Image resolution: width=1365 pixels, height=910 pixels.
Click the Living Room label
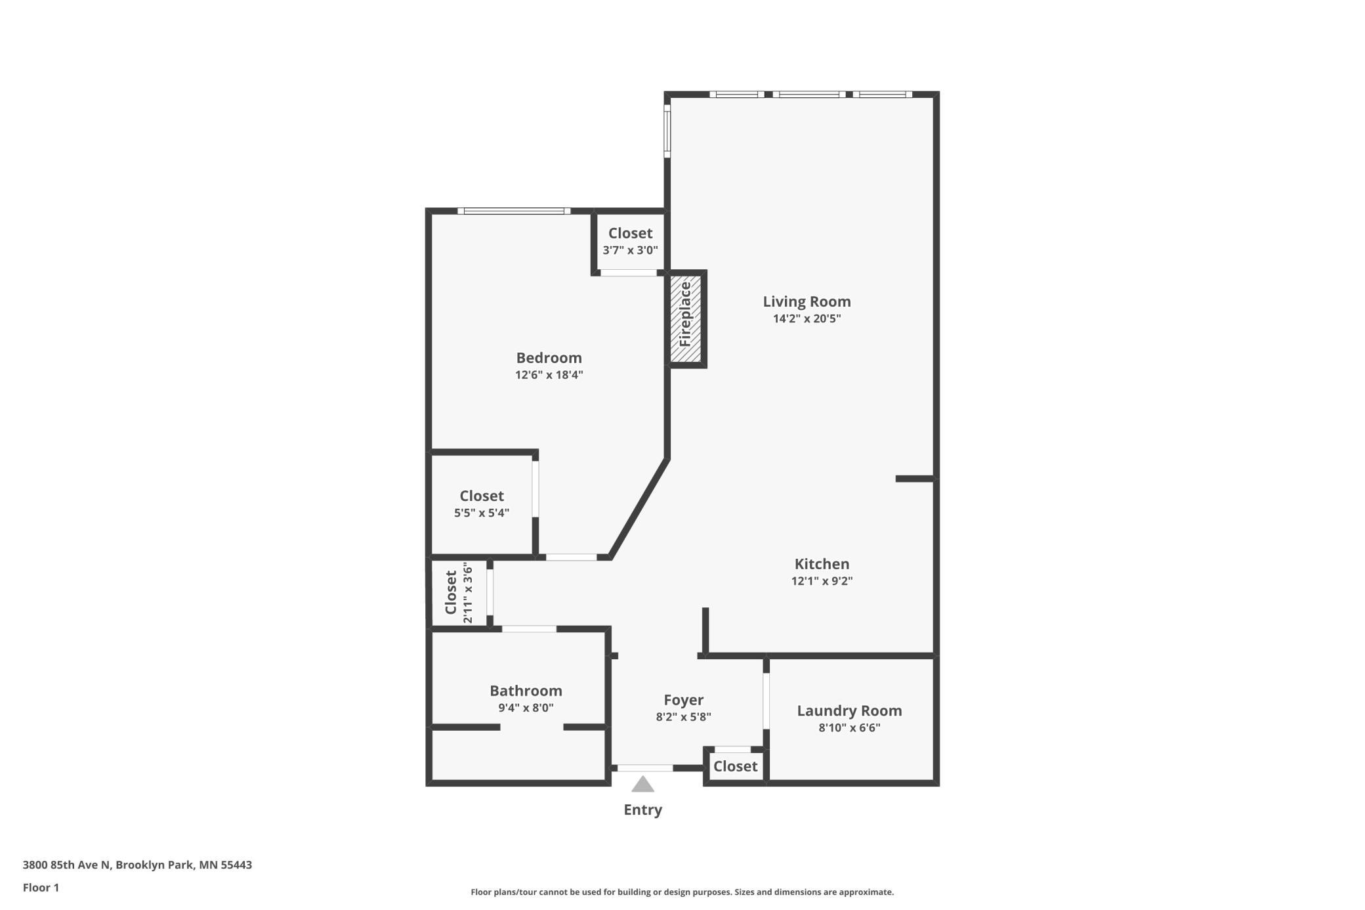pyautogui.click(x=807, y=301)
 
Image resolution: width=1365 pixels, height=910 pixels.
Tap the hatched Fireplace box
pyautogui.click(x=685, y=318)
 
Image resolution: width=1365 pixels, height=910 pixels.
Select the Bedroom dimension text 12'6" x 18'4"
pyautogui.click(x=549, y=375)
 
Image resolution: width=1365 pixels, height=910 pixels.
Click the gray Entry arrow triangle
pyautogui.click(x=642, y=785)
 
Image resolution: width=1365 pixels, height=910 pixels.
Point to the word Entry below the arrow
pyautogui.click(x=642, y=810)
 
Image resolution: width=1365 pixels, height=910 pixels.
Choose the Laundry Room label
pyautogui.click(x=849, y=710)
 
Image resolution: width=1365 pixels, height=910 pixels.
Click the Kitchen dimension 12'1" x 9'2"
pyautogui.click(x=822, y=580)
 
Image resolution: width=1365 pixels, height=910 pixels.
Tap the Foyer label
pyautogui.click(x=683, y=700)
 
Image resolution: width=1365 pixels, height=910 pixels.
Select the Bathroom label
pyautogui.click(x=526, y=691)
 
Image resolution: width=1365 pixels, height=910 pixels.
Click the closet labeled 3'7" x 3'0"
pyautogui.click(x=630, y=241)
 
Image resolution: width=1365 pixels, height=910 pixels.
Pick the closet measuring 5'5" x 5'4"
pyautogui.click(x=482, y=504)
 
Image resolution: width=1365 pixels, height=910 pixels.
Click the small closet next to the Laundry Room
pyautogui.click(x=735, y=766)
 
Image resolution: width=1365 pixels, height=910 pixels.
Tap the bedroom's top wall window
pyautogui.click(x=514, y=211)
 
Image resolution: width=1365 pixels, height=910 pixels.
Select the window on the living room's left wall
pyautogui.click(x=667, y=131)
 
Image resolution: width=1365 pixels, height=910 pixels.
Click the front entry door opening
pyautogui.click(x=644, y=768)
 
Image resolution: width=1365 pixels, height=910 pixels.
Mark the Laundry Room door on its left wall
pyautogui.click(x=766, y=701)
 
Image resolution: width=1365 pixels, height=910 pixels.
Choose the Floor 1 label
pyautogui.click(x=41, y=888)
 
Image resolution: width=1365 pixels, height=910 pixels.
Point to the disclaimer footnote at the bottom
pyautogui.click(x=682, y=892)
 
